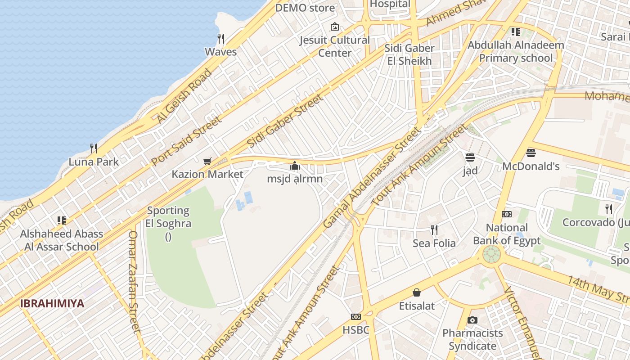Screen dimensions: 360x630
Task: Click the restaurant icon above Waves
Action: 220,38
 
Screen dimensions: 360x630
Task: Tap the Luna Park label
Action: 94,162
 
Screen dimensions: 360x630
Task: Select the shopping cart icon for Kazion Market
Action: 207,161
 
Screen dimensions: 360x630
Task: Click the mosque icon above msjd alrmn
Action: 295,166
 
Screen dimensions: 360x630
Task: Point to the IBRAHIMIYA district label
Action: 52,303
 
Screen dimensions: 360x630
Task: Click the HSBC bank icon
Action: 356,317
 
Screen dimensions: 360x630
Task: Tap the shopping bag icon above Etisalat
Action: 417,293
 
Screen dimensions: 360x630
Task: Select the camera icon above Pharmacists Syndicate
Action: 472,320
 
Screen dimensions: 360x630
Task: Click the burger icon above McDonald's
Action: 531,153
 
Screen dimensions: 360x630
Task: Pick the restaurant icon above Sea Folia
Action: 434,230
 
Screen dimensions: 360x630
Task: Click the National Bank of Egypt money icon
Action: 507,214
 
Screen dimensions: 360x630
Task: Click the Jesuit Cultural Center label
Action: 335,46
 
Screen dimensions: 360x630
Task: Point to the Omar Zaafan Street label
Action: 134,281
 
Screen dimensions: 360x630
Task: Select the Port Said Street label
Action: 186,141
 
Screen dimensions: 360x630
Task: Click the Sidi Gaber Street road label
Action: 285,121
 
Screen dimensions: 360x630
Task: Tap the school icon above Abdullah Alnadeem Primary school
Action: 515,32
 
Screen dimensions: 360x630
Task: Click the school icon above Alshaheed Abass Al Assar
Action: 62,220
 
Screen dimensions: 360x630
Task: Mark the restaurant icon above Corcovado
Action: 609,209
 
